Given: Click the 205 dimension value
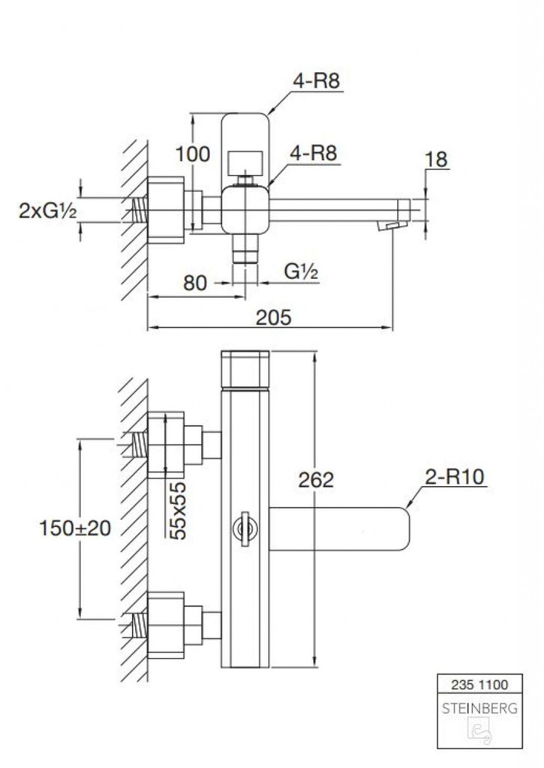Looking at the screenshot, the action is [x=273, y=317].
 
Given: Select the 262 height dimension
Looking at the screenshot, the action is [x=316, y=479].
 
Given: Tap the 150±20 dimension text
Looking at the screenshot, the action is [x=75, y=528].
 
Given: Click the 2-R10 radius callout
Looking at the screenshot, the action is [x=455, y=476].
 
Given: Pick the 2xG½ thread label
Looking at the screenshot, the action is [x=48, y=211].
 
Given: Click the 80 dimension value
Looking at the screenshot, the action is [x=195, y=283].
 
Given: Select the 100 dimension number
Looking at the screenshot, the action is [x=193, y=154].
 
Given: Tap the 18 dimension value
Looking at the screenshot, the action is [x=436, y=160].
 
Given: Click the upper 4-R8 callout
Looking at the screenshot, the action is [x=317, y=81].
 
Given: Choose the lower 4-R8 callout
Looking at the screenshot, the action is [x=314, y=153].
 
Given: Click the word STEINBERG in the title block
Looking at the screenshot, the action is [x=479, y=708].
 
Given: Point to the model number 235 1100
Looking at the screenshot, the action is [x=479, y=685].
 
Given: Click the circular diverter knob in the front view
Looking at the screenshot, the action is [x=245, y=529].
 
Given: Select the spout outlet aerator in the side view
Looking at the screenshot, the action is [x=392, y=225].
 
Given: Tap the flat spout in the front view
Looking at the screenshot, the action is [x=339, y=529].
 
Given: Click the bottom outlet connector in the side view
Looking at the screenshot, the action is [x=245, y=248].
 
